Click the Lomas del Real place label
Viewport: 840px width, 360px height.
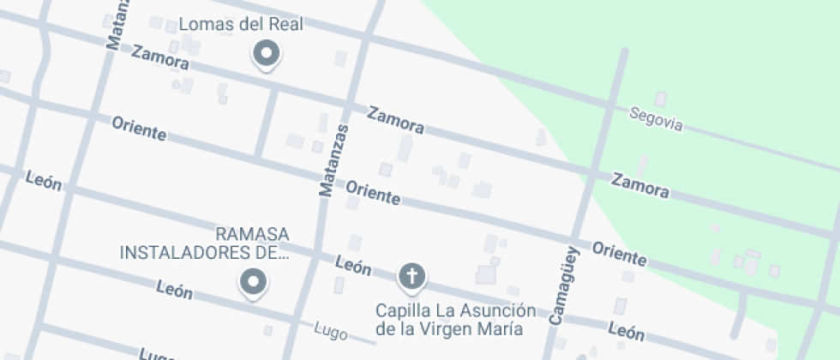(241, 24)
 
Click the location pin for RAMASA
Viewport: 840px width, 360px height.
(253, 282)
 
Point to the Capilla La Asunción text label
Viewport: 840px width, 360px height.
(455, 318)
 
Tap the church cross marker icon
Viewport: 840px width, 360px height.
(412, 277)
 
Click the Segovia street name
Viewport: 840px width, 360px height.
(656, 118)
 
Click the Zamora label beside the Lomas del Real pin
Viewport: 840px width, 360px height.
(160, 57)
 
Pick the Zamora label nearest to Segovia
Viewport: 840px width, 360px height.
(640, 184)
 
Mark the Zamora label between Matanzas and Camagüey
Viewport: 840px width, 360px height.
(396, 119)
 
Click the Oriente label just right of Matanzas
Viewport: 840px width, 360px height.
(373, 192)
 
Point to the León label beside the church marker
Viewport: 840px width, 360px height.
(353, 266)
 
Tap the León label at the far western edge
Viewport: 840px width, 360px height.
(44, 179)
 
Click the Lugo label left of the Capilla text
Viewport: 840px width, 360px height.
(330, 328)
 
